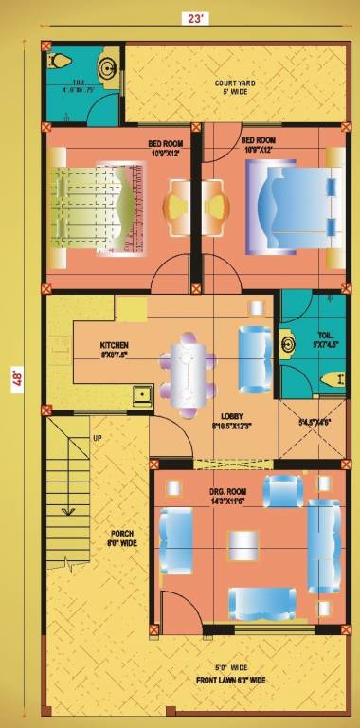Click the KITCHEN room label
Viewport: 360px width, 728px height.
point(115,349)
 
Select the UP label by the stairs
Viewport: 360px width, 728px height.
point(97,437)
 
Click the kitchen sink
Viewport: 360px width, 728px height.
point(143,392)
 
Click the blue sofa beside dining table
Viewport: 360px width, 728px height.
point(253,360)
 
